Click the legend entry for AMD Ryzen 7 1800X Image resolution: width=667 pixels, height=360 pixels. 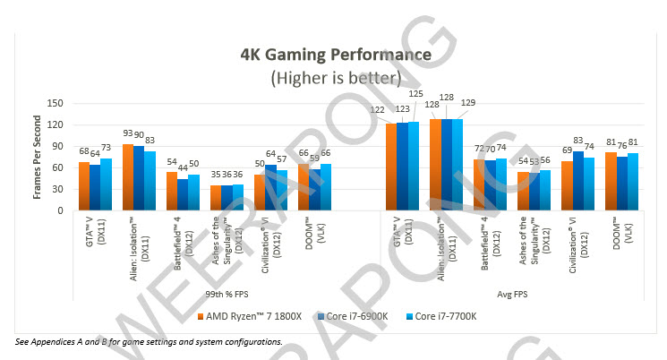[x=241, y=317]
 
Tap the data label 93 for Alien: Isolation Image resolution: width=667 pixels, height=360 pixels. [x=128, y=133]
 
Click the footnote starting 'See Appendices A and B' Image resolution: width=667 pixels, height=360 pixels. [x=149, y=341]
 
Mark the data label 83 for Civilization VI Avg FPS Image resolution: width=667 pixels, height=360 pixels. [x=577, y=141]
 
